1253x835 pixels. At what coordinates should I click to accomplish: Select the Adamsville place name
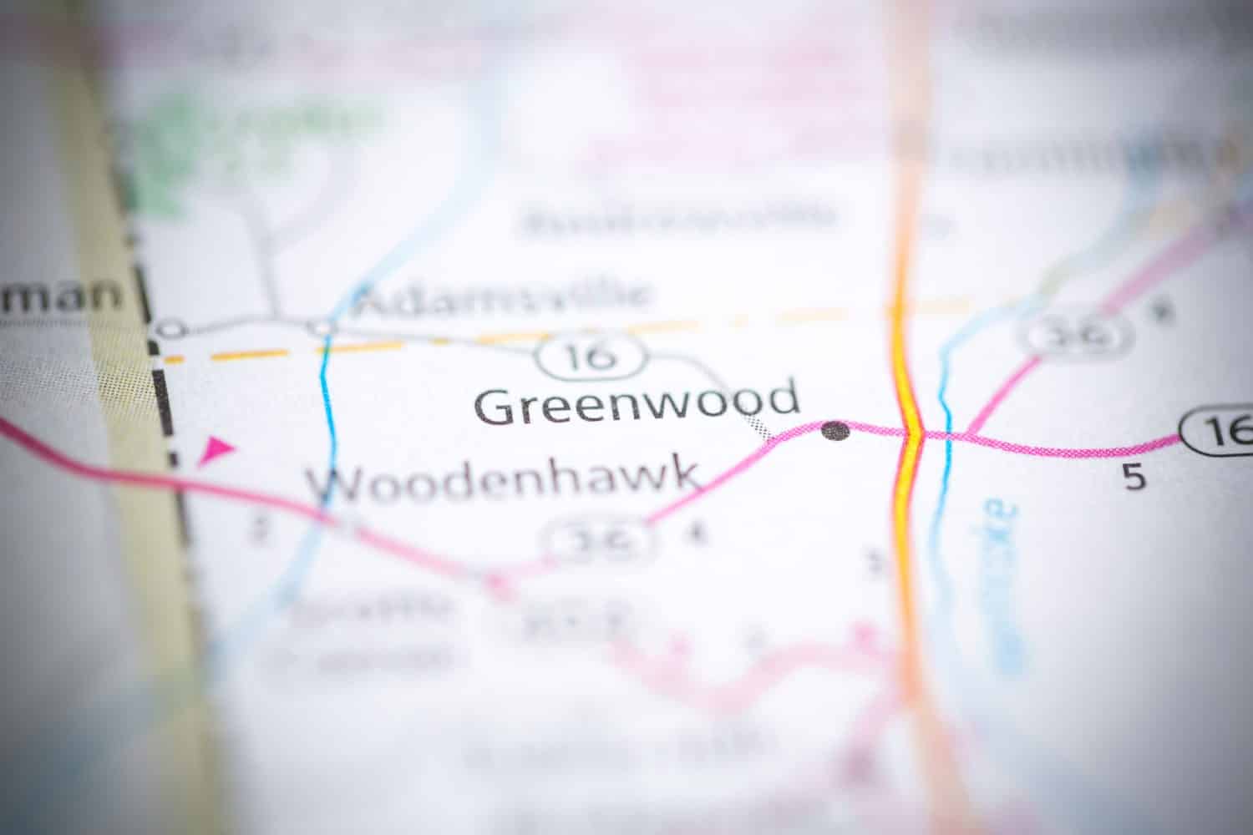point(501,297)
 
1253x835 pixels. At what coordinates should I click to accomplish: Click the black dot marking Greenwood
point(835,431)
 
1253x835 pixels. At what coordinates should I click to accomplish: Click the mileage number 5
point(1134,478)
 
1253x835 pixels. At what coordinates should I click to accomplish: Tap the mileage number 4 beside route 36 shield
point(692,534)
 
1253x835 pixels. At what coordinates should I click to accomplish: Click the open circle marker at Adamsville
point(322,326)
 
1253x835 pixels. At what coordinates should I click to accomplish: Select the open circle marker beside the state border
point(171,329)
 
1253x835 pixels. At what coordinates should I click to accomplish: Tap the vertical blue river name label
point(1002,584)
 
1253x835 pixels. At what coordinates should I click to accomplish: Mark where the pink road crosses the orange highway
point(911,433)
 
